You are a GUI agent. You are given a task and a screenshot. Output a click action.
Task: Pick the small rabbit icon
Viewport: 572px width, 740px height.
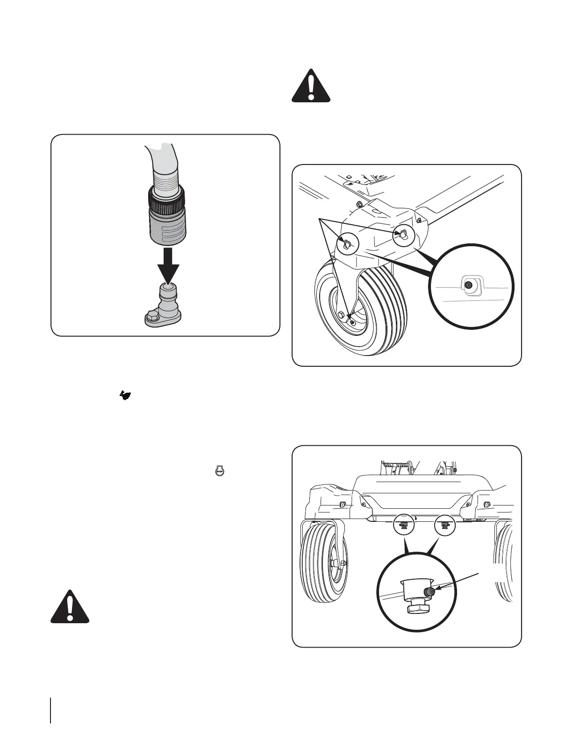point(125,396)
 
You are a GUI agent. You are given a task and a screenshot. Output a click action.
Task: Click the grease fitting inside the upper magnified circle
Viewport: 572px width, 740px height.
point(469,285)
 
